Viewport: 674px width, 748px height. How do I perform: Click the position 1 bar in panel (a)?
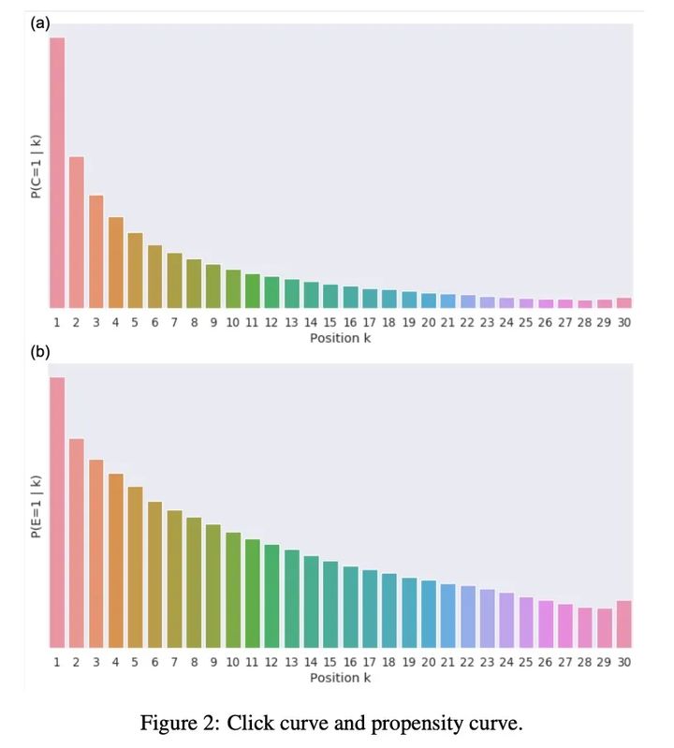(57, 173)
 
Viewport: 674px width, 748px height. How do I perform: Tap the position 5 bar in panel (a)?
(135, 271)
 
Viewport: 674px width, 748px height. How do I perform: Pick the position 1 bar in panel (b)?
(57, 512)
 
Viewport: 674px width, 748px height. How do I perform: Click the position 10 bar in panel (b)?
(233, 590)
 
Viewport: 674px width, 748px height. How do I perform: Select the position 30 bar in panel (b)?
(623, 623)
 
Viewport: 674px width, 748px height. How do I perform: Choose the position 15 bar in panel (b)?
(330, 604)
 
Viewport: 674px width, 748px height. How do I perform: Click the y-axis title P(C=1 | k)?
(36, 167)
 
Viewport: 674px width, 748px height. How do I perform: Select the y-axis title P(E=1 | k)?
(36, 506)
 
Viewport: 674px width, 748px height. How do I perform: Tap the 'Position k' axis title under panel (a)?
(340, 338)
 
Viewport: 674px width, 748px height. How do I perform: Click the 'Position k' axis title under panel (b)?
(340, 677)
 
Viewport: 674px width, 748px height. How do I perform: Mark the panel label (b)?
(40, 352)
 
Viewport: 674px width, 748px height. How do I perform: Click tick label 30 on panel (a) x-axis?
(623, 323)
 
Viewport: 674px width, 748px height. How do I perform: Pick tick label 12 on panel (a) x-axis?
(271, 323)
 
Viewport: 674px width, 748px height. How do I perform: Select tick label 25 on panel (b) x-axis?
(526, 662)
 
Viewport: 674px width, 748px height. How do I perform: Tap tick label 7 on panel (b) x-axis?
(174, 662)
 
